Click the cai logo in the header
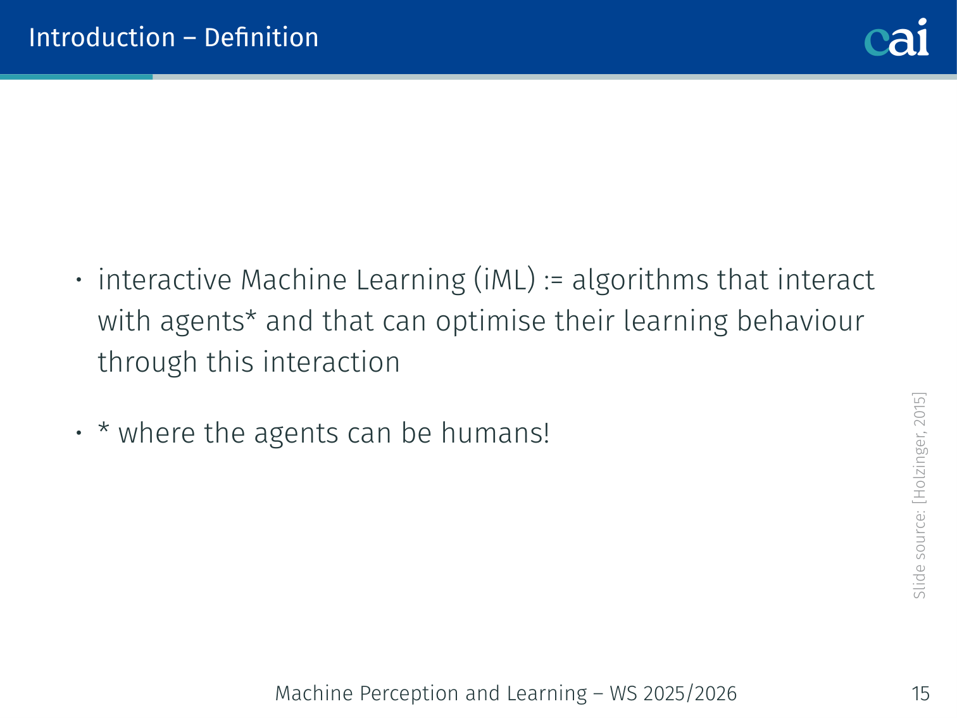(896, 37)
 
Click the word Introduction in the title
(102, 37)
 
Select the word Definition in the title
(261, 37)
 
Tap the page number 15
(920, 693)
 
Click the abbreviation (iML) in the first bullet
(504, 279)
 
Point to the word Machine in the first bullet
(294, 279)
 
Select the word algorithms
(640, 280)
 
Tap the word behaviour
(801, 321)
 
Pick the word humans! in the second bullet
(496, 433)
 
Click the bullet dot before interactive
(78, 279)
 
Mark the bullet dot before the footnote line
(78, 433)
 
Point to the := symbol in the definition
(554, 282)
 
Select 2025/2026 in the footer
(690, 694)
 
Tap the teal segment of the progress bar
(77, 77)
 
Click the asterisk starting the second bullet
(103, 427)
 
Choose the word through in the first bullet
(147, 363)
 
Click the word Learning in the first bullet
(411, 280)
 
